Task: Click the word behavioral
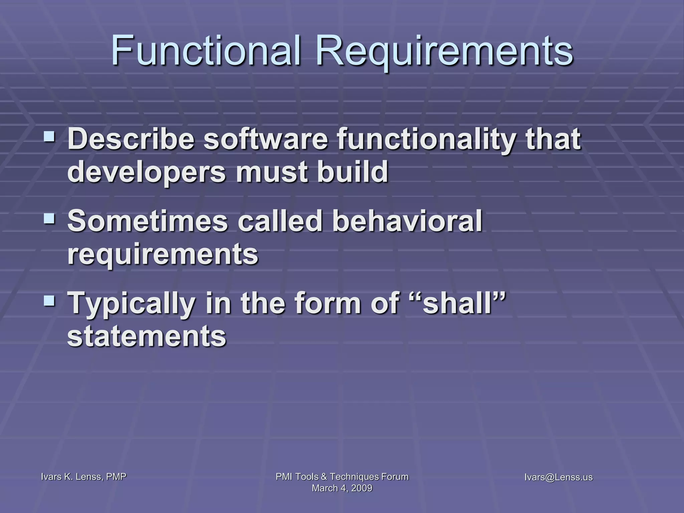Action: tap(407, 220)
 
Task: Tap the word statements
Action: tap(147, 336)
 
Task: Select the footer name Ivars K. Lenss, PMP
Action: tap(83, 477)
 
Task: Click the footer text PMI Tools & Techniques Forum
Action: tap(342, 477)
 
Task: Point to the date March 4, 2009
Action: tap(342, 488)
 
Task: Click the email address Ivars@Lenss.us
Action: tap(558, 477)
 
